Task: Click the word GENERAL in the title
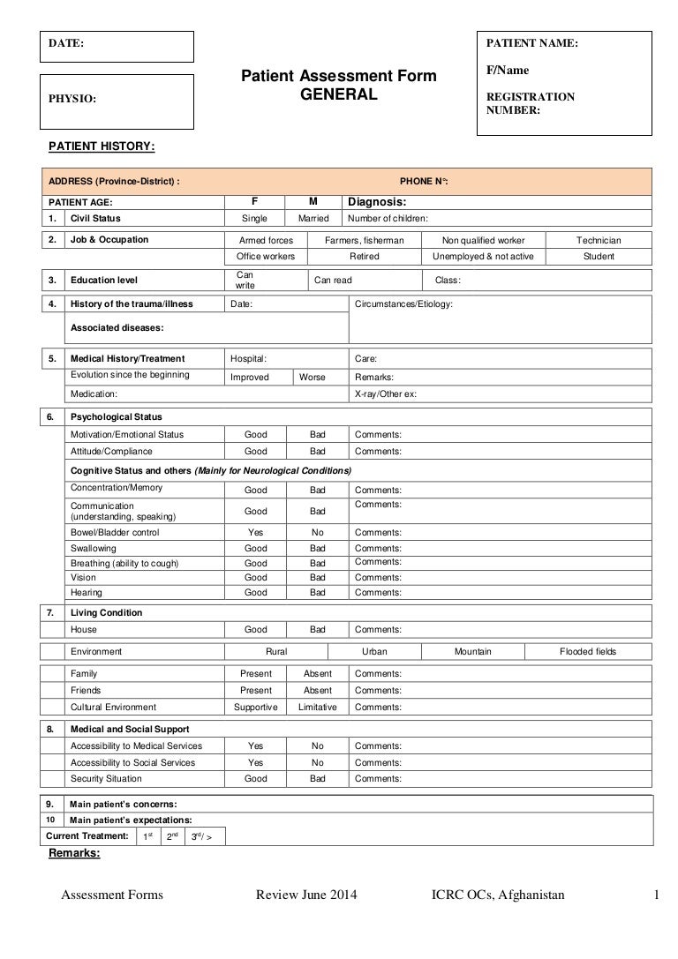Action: click(x=339, y=95)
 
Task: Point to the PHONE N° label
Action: click(x=424, y=180)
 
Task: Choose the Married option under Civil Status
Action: click(x=313, y=218)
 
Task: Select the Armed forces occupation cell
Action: click(x=267, y=240)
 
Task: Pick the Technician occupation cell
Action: click(x=599, y=240)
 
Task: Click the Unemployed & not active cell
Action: click(x=483, y=257)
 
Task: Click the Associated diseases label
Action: click(x=110, y=327)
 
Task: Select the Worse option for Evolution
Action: click(x=313, y=377)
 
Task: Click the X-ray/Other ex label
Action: click(x=385, y=393)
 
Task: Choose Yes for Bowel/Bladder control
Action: click(x=256, y=533)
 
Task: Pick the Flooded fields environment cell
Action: click(x=588, y=652)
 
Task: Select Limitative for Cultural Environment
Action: click(x=317, y=708)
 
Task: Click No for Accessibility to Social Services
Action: click(x=318, y=763)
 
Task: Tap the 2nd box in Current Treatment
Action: click(x=172, y=835)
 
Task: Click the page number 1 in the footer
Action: click(x=657, y=896)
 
